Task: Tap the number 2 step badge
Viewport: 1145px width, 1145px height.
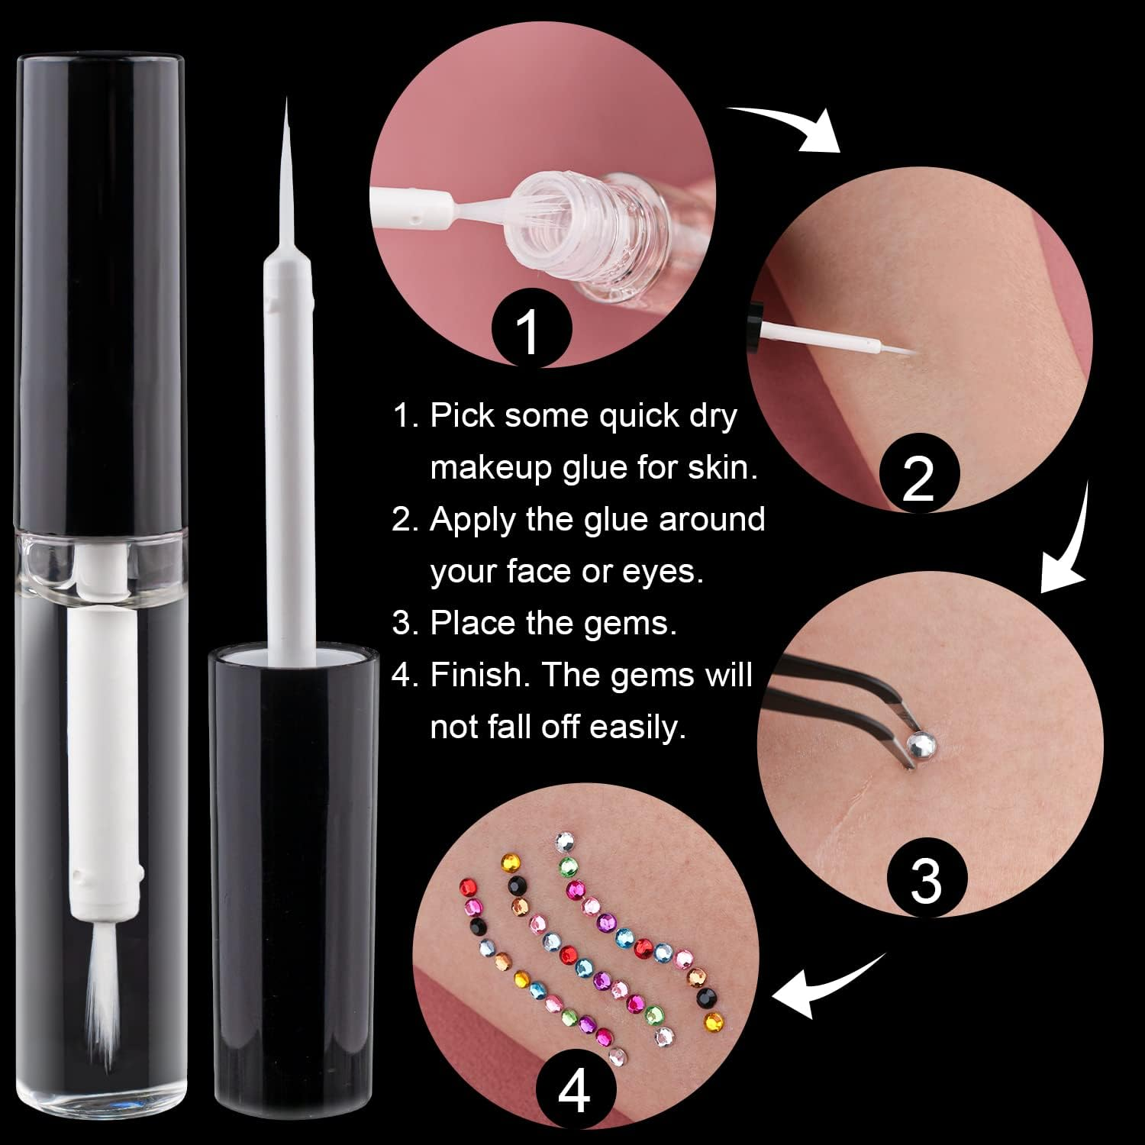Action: tap(918, 478)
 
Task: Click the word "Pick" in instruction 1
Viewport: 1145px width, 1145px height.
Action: tap(460, 416)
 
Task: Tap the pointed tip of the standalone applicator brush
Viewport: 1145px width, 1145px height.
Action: tap(288, 103)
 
